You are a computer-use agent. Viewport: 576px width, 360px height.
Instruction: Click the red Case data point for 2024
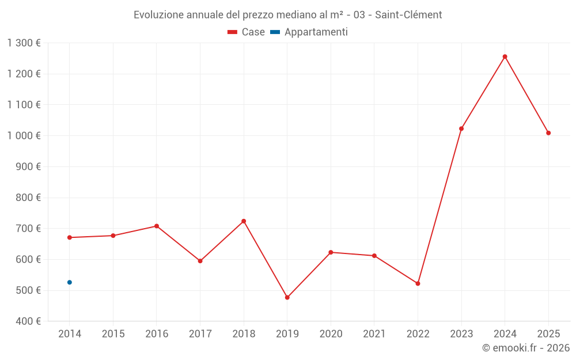[x=505, y=56]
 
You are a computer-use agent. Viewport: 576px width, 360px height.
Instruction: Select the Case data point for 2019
[x=287, y=297]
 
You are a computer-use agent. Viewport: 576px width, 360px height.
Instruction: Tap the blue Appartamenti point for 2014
[x=70, y=282]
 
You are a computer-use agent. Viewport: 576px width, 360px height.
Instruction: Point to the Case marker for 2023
[x=461, y=128]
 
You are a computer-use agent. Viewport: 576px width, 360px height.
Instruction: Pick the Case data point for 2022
[x=418, y=283]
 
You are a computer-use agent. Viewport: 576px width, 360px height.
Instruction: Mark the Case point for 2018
[x=244, y=221]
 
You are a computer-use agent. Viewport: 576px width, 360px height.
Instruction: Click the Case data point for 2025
[x=548, y=133]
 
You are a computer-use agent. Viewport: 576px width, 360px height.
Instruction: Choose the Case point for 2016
[x=157, y=226]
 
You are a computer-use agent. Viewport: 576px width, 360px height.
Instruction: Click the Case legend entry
[x=247, y=32]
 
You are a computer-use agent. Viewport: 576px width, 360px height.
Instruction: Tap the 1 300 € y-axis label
[x=24, y=43]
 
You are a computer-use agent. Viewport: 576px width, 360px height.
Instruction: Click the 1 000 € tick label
[x=24, y=136]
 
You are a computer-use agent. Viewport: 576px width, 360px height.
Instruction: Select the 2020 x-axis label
[x=331, y=334]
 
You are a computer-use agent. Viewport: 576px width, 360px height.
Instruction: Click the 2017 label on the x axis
[x=200, y=334]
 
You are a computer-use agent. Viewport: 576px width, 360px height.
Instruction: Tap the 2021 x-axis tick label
[x=374, y=334]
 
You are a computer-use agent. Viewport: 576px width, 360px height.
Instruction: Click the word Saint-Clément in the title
[x=408, y=14]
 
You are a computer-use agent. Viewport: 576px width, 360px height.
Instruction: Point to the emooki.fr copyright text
[x=526, y=348]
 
